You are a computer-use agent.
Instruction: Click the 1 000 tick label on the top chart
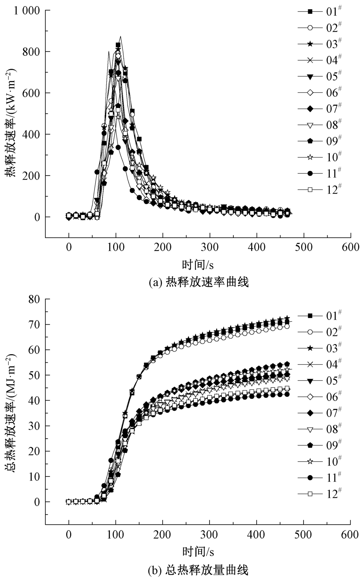[26, 11]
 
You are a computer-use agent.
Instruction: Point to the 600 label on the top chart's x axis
[350, 247]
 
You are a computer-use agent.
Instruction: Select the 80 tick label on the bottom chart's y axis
[35, 299]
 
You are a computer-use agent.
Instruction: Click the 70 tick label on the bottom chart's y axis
[35, 324]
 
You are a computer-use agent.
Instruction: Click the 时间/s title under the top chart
[198, 265]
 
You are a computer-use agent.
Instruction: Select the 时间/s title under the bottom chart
[198, 551]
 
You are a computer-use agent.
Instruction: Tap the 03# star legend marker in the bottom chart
[310, 348]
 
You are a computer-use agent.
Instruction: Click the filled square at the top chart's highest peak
[118, 45]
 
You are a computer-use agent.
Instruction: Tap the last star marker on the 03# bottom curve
[287, 318]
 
